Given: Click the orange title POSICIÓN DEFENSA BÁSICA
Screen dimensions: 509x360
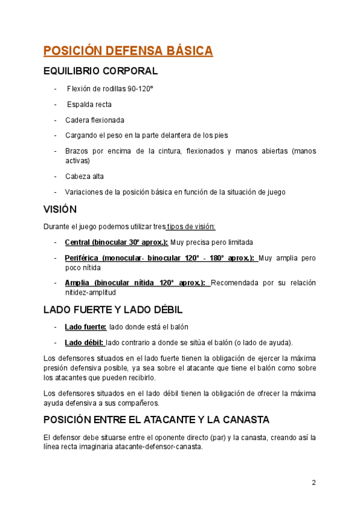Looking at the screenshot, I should [128, 50].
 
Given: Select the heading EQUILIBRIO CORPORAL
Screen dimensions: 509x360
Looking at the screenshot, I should [101, 71].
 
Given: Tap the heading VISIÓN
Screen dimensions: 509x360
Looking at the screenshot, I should [60, 209].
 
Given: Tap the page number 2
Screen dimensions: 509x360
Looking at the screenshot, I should [313, 483].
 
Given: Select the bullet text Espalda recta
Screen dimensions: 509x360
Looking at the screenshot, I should [89, 104].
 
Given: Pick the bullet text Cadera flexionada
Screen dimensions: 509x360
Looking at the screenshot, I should [95, 120].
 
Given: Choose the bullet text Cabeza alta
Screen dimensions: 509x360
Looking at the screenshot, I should [85, 176].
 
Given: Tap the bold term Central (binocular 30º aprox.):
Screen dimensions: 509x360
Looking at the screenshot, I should [116, 242].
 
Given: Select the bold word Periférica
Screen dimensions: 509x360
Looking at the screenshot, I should [81, 258].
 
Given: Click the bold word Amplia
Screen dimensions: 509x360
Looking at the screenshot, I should [77, 283].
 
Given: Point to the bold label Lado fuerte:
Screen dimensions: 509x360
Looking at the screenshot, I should [86, 327].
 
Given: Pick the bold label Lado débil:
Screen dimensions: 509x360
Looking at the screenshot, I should [85, 343].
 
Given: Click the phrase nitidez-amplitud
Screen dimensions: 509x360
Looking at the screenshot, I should [91, 292].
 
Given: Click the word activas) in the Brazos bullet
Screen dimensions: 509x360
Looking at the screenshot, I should [77, 161].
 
